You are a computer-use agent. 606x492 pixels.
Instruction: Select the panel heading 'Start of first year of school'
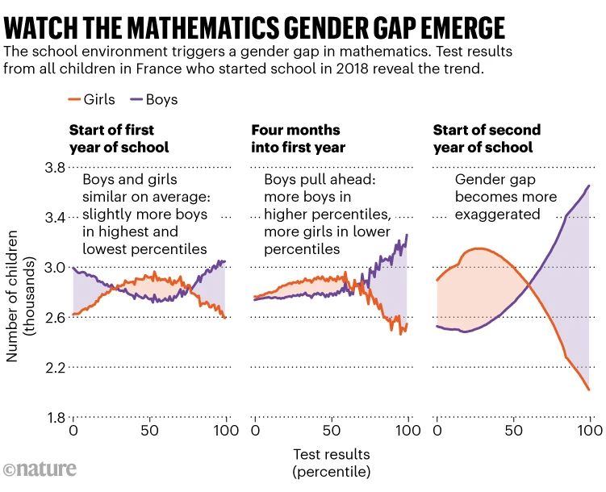pyautogui.click(x=119, y=138)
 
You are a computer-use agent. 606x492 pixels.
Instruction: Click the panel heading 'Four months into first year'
pyautogui.click(x=298, y=138)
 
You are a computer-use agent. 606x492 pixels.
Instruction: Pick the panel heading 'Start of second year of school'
pyautogui.click(x=487, y=138)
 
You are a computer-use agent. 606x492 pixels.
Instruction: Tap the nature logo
pyautogui.click(x=40, y=469)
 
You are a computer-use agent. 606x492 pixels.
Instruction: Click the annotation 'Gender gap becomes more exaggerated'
pyautogui.click(x=505, y=197)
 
